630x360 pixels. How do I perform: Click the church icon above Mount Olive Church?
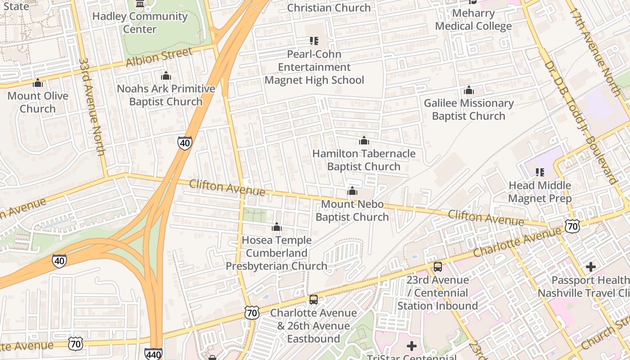(38, 83)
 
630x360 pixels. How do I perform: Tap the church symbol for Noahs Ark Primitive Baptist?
(166, 76)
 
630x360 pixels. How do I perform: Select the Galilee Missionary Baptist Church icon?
(469, 90)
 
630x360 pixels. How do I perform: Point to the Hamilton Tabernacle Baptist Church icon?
(364, 141)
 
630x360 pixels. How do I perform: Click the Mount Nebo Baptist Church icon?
(352, 191)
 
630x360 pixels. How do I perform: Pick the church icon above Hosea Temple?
(277, 227)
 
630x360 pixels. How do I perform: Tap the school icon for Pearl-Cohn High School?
(314, 41)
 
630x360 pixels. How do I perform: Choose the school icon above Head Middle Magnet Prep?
(540, 172)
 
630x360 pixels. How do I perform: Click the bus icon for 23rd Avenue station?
(438, 267)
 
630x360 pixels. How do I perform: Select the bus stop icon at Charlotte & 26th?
(314, 300)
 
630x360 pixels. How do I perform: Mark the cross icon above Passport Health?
(591, 267)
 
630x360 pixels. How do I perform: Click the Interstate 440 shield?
(153, 354)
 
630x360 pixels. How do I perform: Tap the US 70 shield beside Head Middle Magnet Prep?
(572, 226)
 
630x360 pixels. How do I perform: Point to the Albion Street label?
(159, 57)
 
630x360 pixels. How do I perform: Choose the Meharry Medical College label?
(473, 20)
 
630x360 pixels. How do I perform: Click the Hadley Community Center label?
(140, 22)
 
